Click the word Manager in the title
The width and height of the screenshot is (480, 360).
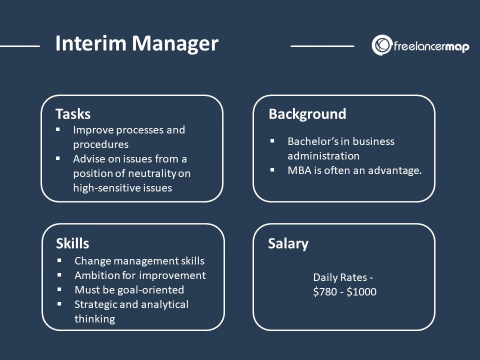click(x=175, y=44)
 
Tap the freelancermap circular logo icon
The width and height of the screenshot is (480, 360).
click(x=381, y=45)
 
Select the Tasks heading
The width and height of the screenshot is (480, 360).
click(x=73, y=114)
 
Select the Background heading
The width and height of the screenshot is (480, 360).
click(x=307, y=114)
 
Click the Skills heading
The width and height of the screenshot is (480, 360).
click(x=72, y=243)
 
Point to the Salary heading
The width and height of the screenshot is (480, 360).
click(x=288, y=243)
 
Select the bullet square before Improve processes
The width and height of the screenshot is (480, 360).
click(x=58, y=129)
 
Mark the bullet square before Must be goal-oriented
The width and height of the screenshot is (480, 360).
click(x=59, y=289)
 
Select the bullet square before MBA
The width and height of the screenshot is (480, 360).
click(x=272, y=170)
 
